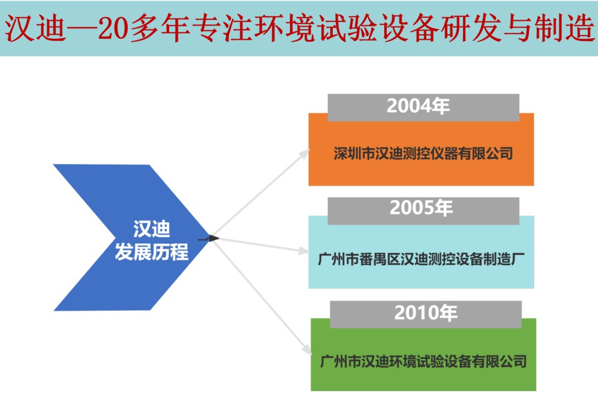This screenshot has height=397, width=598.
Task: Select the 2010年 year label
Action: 426,313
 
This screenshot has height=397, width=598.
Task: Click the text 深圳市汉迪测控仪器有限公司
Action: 423,153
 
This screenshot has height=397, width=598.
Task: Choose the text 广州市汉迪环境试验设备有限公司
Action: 424,362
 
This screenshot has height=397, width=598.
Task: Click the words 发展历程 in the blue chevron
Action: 151,252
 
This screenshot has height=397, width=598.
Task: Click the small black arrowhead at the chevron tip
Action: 214,238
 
